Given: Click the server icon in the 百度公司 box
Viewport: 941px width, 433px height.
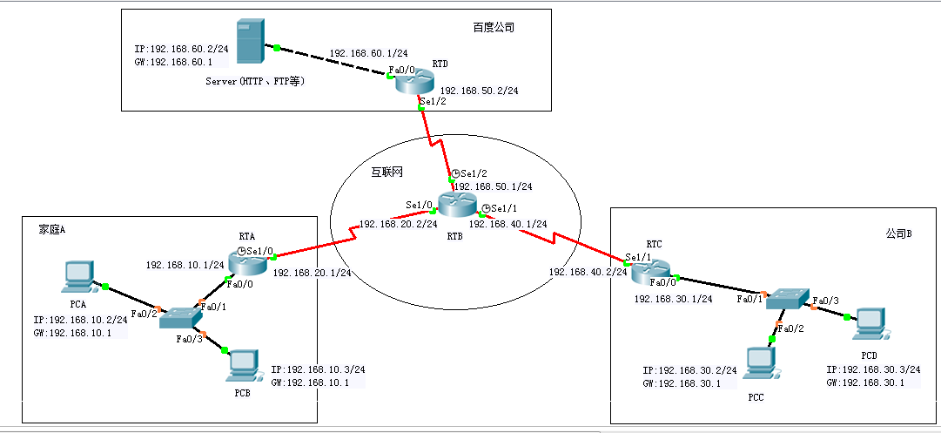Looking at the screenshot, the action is coord(250,41).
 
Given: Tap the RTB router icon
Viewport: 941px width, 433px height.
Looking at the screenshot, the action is coord(456,206).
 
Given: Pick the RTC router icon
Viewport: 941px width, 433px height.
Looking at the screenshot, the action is coord(650,272).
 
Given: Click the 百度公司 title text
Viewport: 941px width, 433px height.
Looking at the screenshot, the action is coord(494,28).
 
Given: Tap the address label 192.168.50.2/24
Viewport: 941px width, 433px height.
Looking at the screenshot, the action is coord(479,91).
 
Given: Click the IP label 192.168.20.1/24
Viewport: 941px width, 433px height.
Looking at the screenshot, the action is coord(312,273).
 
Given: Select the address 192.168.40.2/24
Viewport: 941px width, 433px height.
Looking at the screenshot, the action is coord(588,272).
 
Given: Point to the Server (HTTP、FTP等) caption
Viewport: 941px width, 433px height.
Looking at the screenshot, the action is coord(255,81).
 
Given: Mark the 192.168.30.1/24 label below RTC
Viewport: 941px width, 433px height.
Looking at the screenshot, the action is coord(674,299).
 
